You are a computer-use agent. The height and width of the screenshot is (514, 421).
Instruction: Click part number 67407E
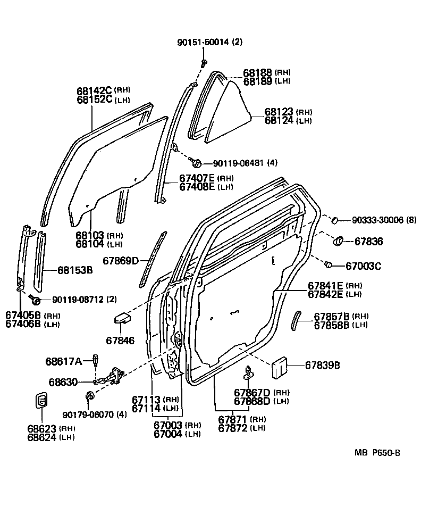pyautogui.click(x=197, y=178)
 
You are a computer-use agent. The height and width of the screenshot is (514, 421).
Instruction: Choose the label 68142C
pyautogui.click(x=94, y=90)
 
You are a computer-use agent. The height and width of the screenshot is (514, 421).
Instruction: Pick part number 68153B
pyautogui.click(x=75, y=270)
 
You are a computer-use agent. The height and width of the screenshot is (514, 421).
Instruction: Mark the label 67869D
pyautogui.click(x=121, y=260)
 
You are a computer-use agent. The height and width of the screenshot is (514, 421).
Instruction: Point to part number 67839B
pyautogui.click(x=323, y=365)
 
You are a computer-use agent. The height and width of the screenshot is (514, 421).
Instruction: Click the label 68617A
pyautogui.click(x=63, y=362)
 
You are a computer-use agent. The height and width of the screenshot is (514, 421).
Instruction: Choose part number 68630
pyautogui.click(x=63, y=382)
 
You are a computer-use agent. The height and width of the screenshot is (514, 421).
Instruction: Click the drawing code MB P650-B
pyautogui.click(x=377, y=453)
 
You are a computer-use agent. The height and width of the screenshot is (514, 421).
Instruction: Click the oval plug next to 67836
pyautogui.click(x=339, y=242)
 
